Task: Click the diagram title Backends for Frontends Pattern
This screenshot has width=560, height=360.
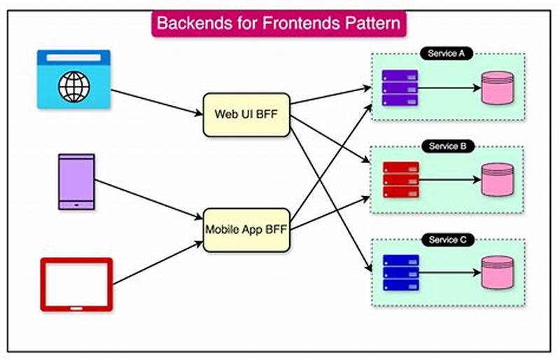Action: [279, 22]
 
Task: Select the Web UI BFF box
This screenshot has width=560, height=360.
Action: [245, 114]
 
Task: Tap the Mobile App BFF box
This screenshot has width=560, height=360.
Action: [245, 228]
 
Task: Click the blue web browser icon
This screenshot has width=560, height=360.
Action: [73, 78]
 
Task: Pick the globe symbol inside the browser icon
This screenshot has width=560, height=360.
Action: [73, 87]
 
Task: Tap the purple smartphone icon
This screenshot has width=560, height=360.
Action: [76, 181]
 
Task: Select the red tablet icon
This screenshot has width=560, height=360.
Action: [76, 284]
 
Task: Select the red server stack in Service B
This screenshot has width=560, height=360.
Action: [400, 180]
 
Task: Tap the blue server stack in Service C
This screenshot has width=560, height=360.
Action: [400, 274]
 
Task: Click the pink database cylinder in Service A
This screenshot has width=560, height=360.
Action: [498, 88]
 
